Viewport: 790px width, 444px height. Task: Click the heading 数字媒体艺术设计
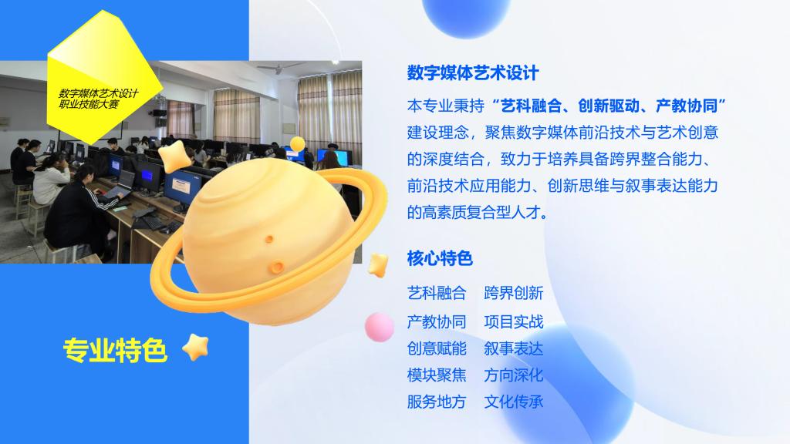[x=473, y=73]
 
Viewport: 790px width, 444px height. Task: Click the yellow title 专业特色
[x=115, y=351]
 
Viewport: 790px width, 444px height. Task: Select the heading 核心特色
[x=440, y=259]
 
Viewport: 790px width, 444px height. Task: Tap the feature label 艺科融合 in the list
[x=437, y=293]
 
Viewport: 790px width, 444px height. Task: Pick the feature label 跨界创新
[x=513, y=293]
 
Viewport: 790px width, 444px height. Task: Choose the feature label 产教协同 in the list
[x=437, y=321]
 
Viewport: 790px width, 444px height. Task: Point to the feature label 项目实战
[x=513, y=321]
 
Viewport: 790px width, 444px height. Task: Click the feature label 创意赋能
[x=437, y=348]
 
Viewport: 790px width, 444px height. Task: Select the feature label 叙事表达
[x=513, y=348]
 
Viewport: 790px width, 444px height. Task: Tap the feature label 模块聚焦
[x=437, y=375]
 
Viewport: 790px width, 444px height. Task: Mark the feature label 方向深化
[x=513, y=375]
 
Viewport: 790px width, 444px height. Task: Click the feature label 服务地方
[x=437, y=402]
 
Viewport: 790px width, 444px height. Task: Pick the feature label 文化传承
[x=513, y=402]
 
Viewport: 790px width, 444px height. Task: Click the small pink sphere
[x=380, y=327]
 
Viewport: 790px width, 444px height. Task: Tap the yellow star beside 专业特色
[x=195, y=347]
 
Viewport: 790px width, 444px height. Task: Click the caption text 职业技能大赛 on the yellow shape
[x=89, y=105]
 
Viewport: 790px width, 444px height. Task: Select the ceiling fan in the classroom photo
[x=280, y=67]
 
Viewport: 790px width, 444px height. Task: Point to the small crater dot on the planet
[x=269, y=239]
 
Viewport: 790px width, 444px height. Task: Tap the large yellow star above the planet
[x=174, y=156]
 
